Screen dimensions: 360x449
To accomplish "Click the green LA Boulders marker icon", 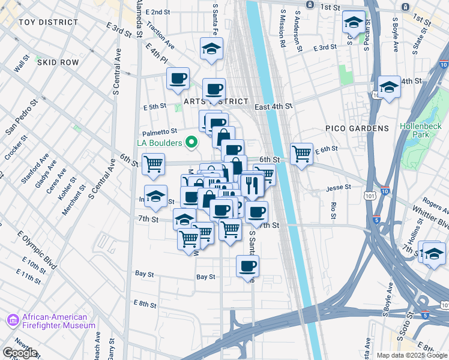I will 191,142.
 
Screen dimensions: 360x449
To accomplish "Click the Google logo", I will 20,353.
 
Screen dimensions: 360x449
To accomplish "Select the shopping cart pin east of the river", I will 301,153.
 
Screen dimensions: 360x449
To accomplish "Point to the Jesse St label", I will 339,188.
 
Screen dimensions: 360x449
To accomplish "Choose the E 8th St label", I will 145,304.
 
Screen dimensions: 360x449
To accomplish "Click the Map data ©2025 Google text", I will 412,355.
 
